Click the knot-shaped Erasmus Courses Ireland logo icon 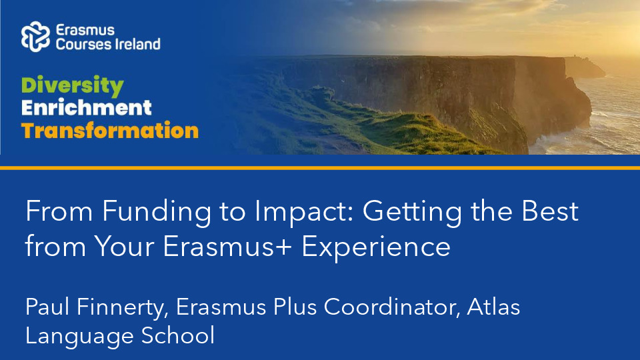(x=35, y=37)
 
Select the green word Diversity (x=72, y=86)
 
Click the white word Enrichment (x=87, y=108)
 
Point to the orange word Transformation (x=110, y=131)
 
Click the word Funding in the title (x=157, y=212)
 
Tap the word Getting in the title (x=412, y=212)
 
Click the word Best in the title (x=550, y=211)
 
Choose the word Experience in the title (x=376, y=247)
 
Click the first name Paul (x=47, y=307)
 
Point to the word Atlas (x=493, y=307)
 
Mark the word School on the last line (x=177, y=335)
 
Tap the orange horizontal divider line (x=320, y=168)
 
